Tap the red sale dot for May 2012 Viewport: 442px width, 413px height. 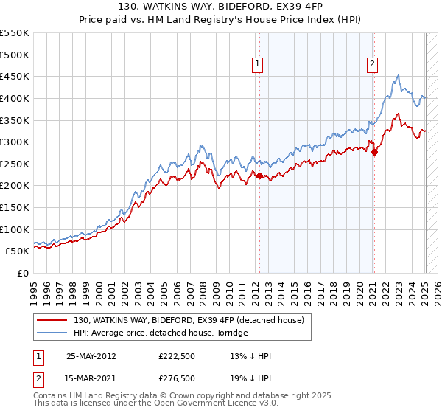tap(259, 176)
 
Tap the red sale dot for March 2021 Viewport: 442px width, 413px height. tap(374, 153)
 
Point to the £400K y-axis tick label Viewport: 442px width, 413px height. tap(15, 98)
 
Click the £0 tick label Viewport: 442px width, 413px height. tap(23, 273)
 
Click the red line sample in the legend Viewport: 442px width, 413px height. tap(52, 319)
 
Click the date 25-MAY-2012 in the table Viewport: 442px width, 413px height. tap(91, 356)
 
